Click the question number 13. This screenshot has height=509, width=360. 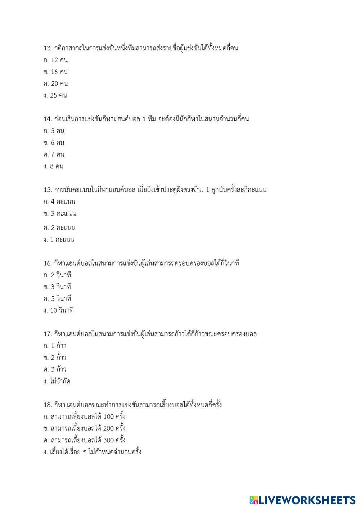[48, 48]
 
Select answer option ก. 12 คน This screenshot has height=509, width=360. [55, 60]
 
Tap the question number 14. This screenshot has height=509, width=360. [48, 119]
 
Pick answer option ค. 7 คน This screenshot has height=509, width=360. [54, 154]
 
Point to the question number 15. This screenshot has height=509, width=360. [48, 190]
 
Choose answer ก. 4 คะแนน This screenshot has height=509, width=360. [59, 202]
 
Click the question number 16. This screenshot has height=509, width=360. [48, 263]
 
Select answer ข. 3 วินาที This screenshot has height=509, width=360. [57, 287]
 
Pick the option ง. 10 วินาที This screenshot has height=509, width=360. [58, 310]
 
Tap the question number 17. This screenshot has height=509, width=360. [48, 334]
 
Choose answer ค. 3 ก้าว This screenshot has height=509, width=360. [55, 369]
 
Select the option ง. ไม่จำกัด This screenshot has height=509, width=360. [57, 381]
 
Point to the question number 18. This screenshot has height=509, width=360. [48, 405]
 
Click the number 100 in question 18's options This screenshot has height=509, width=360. [108, 417]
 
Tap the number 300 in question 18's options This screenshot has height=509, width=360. [108, 440]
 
